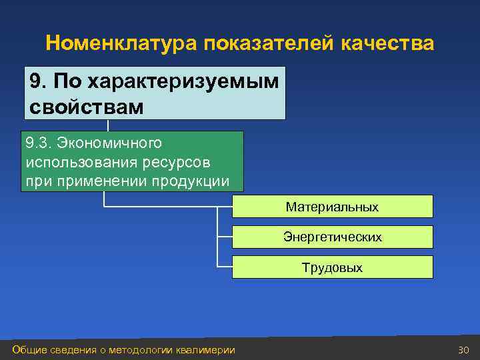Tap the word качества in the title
click(387, 44)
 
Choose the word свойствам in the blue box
click(86, 107)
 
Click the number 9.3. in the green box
click(38, 143)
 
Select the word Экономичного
click(109, 143)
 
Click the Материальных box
click(332, 207)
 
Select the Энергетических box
click(332, 237)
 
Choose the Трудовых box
click(332, 267)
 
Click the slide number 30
click(463, 350)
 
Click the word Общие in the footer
click(29, 350)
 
